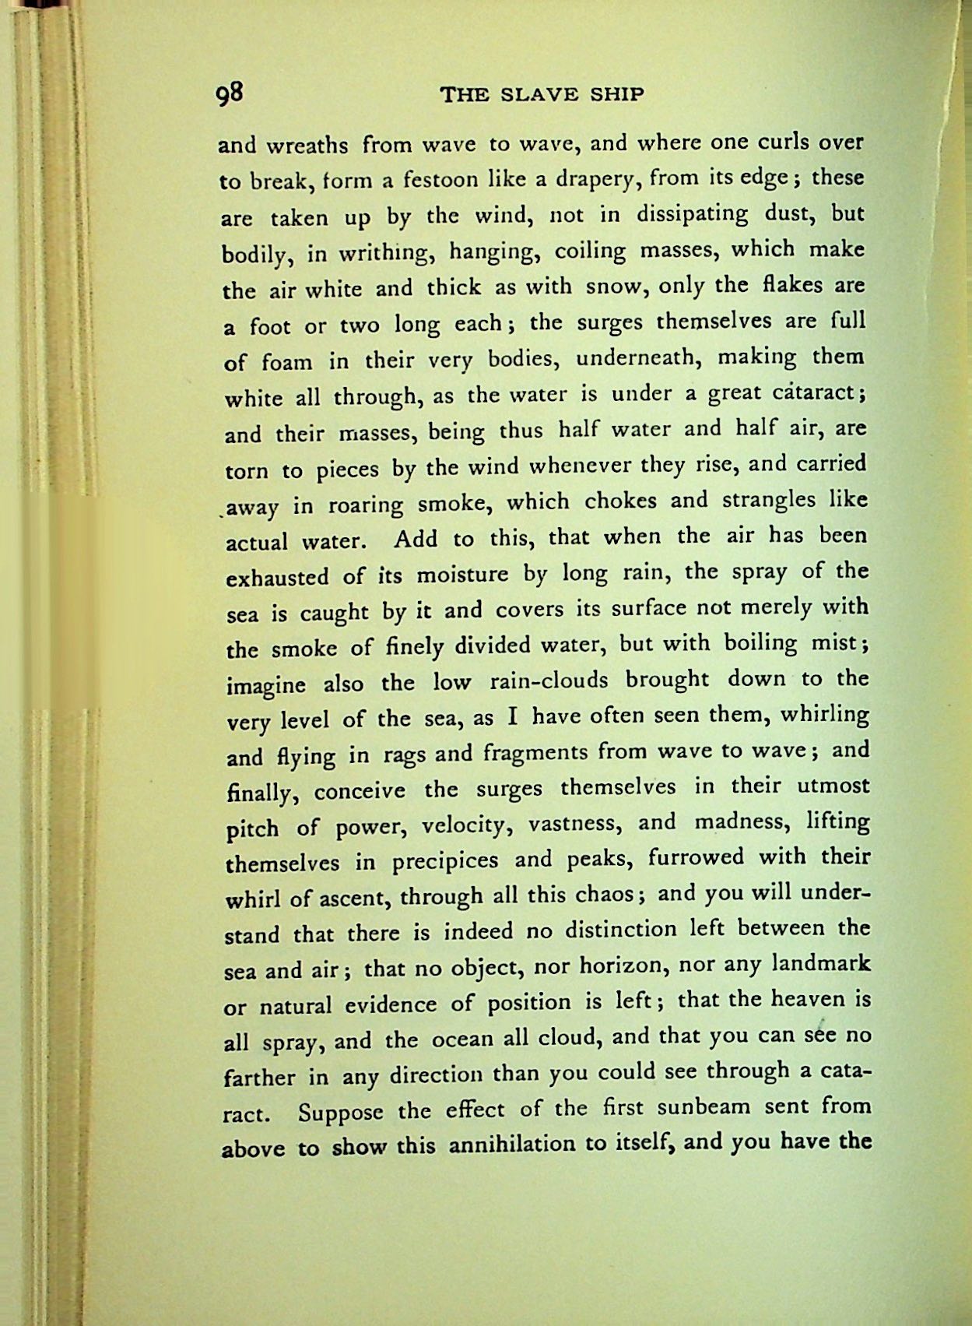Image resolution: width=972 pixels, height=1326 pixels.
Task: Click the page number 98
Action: [x=232, y=93]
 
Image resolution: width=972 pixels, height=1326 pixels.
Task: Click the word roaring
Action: [x=365, y=506]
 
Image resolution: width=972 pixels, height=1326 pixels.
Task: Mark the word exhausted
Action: [x=277, y=578]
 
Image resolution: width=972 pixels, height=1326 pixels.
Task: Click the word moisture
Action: [x=462, y=575]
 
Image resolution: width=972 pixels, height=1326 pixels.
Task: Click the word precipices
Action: [x=445, y=861]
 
